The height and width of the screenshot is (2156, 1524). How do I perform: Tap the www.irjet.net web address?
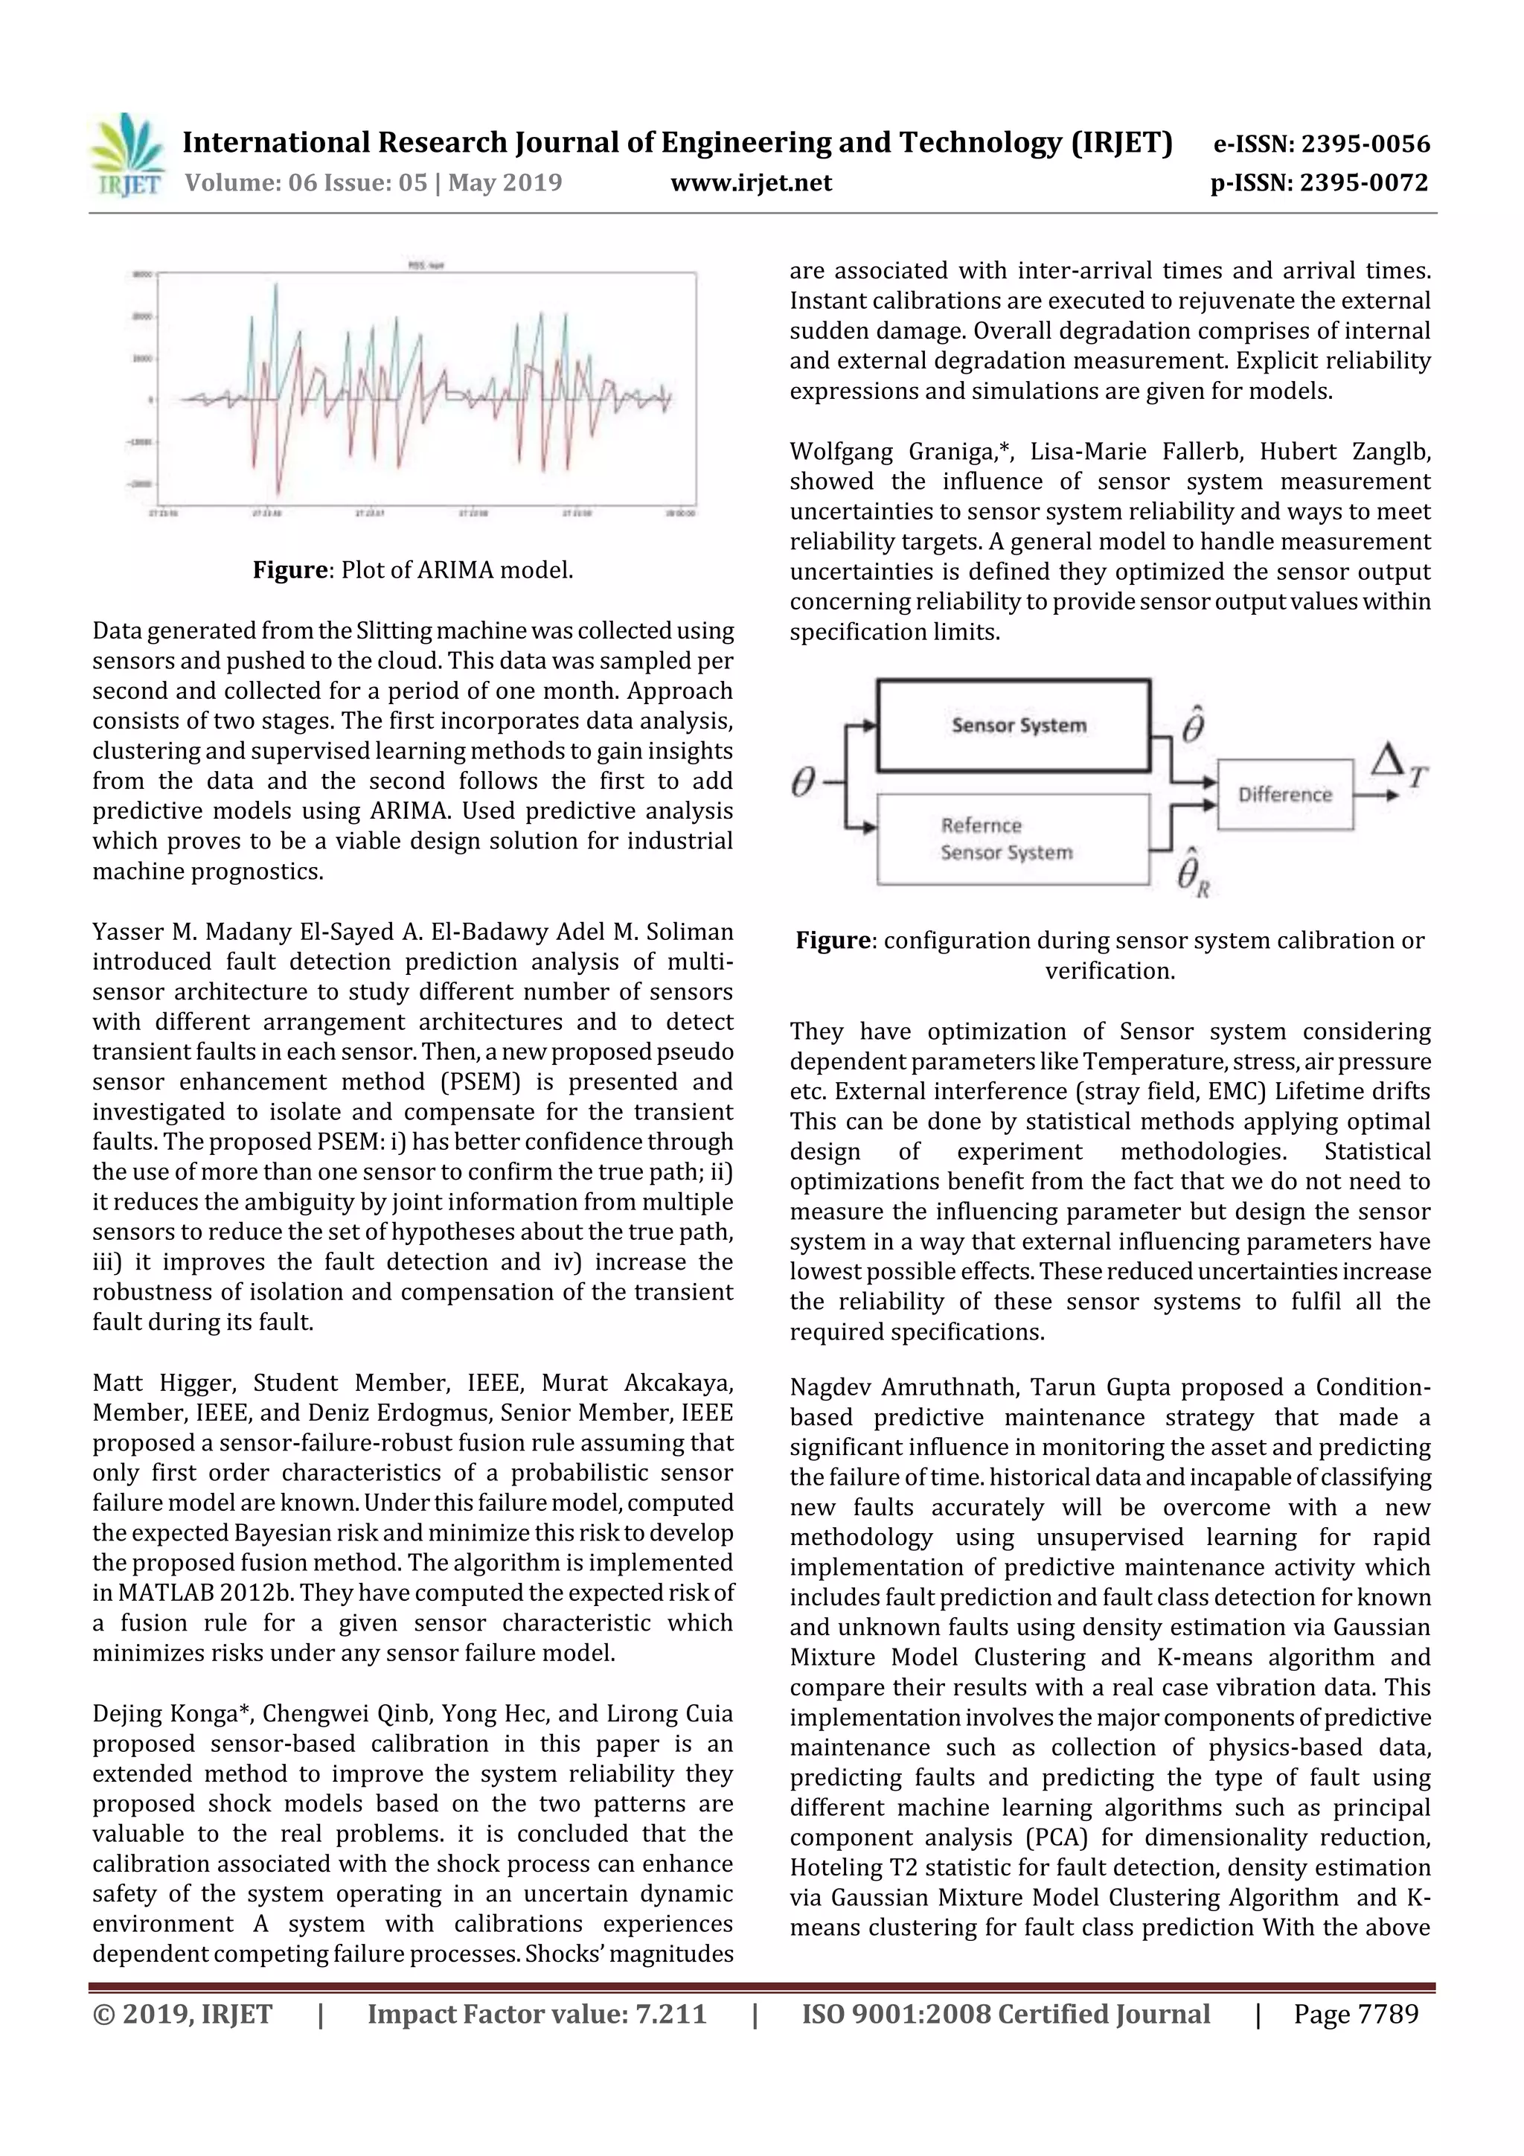pos(750,183)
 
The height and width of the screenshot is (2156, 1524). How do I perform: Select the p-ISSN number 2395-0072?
pos(1363,183)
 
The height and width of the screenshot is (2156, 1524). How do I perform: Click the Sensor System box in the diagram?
pos(1014,726)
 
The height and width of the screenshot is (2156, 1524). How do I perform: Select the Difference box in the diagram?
pos(1284,794)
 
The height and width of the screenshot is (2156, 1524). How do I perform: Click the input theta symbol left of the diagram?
pos(803,781)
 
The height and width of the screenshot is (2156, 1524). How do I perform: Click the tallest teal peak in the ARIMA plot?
pos(276,286)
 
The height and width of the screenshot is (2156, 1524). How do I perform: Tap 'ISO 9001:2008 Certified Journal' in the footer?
pos(1005,2014)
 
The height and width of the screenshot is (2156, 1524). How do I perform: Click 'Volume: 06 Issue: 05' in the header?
pos(305,183)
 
